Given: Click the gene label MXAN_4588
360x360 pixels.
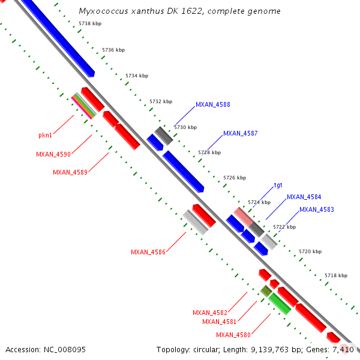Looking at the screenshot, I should pos(213,104).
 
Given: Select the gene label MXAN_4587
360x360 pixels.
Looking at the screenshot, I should pos(240,133).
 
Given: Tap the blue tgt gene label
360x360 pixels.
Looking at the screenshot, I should pos(278,185).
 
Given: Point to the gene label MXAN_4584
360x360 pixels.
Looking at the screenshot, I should pos(304,197).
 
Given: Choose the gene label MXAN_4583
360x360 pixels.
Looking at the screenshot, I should pos(317,209).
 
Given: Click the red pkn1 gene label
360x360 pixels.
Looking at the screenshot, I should pos(46,136).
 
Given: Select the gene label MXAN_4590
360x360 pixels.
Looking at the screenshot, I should pos(53,154).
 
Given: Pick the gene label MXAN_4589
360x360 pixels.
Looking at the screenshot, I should pos(70,172).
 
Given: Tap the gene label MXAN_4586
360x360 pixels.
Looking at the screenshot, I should pos(148,252).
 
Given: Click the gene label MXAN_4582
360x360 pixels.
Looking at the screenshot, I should pos(210,313).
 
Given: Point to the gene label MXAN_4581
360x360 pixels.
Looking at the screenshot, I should pos(220,322).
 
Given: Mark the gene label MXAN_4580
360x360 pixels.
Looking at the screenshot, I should pos(233,335).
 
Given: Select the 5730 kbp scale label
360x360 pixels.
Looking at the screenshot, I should pos(185,127).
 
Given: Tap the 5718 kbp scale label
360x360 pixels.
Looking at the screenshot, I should pos(336,275).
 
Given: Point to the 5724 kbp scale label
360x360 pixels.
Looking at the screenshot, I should pos(260,202).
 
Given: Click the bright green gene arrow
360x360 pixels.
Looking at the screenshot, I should pos(280,304).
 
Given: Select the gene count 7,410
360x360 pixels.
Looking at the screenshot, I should pos(343,349).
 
